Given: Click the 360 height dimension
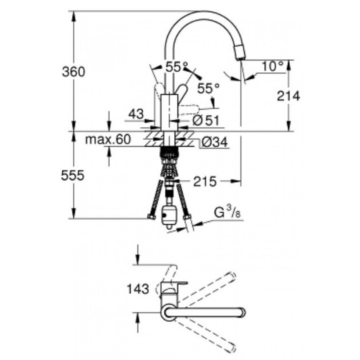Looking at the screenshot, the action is click(x=73, y=72).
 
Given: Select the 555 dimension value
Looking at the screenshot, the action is click(x=73, y=176).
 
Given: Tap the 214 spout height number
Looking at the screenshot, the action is click(x=288, y=96).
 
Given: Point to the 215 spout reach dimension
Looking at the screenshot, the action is click(x=205, y=182).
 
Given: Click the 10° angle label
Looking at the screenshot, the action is click(x=272, y=66).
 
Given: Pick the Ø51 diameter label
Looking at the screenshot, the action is click(x=206, y=120).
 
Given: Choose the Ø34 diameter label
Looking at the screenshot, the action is click(x=215, y=142).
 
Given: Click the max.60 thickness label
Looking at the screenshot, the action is click(x=108, y=139).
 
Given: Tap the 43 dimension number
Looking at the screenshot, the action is click(x=136, y=114).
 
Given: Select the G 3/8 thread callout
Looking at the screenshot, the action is click(x=227, y=212).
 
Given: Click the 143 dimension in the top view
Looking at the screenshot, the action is click(x=138, y=289).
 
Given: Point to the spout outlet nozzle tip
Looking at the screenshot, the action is click(x=240, y=59).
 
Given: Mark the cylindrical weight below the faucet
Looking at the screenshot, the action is click(x=169, y=215).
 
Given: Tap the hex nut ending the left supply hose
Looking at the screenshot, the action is click(x=151, y=217).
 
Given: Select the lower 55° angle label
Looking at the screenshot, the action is click(x=208, y=89).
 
